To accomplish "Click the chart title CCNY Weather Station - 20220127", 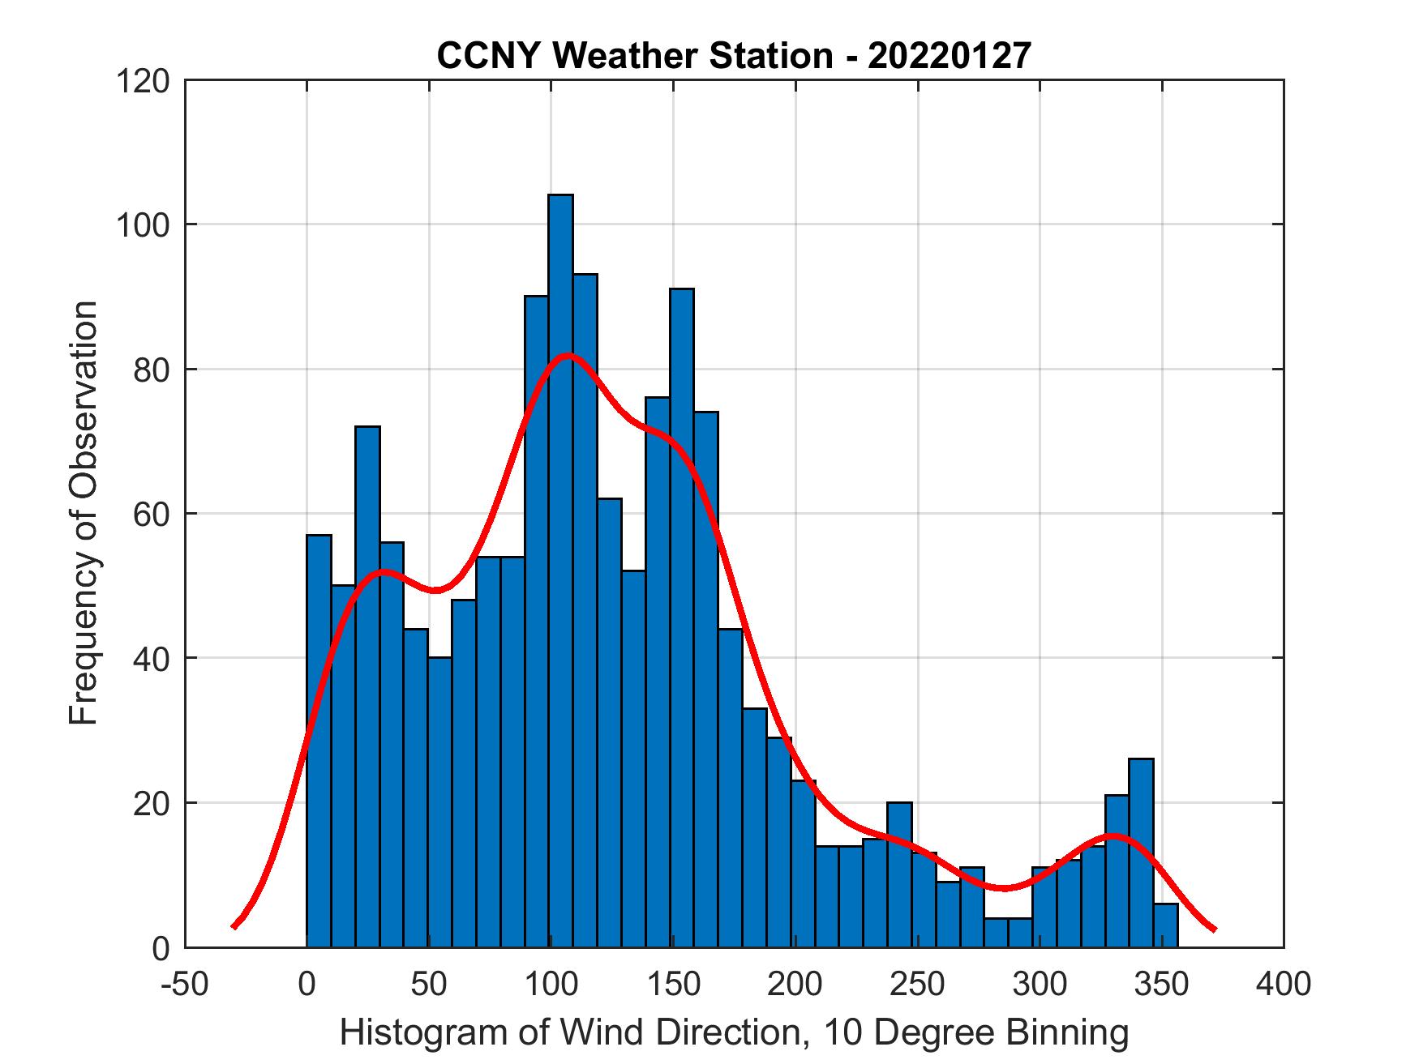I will click(x=734, y=56).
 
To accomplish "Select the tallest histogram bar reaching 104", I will click(x=560, y=567).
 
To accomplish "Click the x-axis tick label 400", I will click(x=1284, y=984).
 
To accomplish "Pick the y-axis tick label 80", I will click(x=152, y=370).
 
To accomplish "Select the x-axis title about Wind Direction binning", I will click(x=734, y=1032).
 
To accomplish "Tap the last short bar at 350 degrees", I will click(x=1165, y=925).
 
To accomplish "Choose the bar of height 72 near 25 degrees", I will click(x=367, y=689).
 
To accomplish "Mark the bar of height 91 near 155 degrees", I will click(x=682, y=616).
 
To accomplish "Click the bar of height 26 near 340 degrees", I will click(x=1141, y=851).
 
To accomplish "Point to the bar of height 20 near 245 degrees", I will click(x=899, y=875).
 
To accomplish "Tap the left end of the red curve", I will click(x=234, y=926).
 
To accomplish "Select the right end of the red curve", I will click(x=1214, y=929).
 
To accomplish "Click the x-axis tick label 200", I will click(x=795, y=984).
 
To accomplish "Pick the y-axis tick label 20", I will click(x=152, y=804).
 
